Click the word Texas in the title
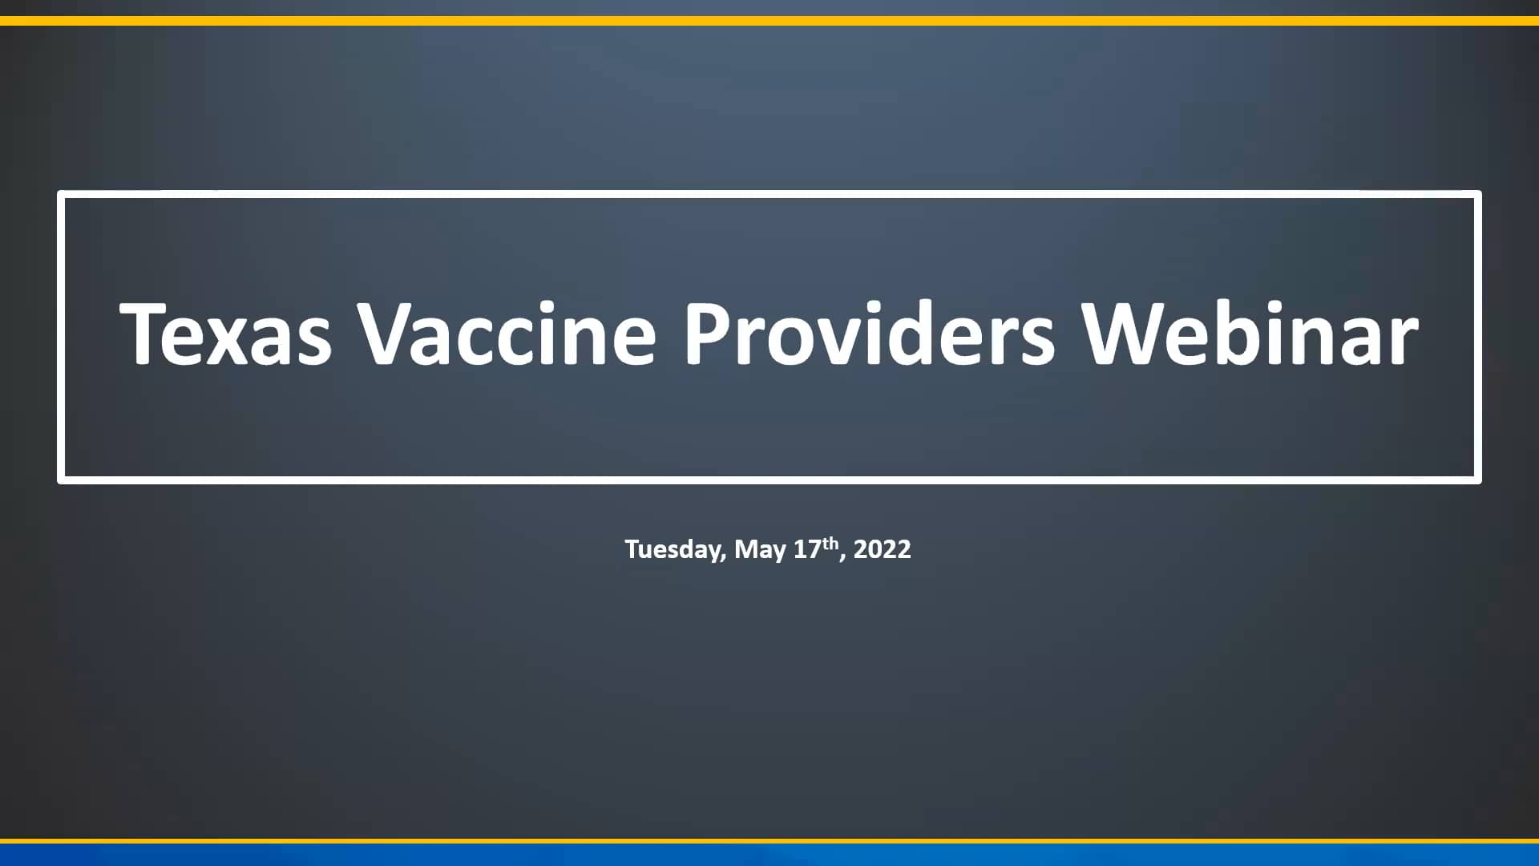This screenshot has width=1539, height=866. coord(225,334)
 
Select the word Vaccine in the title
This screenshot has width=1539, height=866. coord(507,334)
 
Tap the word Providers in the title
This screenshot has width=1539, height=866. coord(868,334)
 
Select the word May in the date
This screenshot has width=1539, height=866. coord(760,550)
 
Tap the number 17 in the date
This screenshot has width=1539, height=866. coord(807,549)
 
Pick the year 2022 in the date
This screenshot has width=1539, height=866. coord(882,549)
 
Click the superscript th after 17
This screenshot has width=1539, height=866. coord(830,542)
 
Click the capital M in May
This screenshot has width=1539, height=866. coord(746,549)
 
